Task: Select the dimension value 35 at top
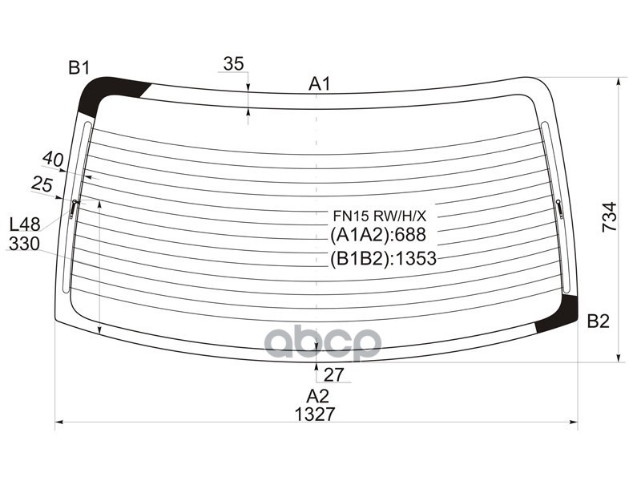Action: point(233,64)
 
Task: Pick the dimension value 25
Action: point(42,184)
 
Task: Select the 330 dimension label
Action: point(24,244)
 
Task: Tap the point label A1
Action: point(320,83)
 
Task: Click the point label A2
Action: point(317,394)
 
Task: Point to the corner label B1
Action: point(79,68)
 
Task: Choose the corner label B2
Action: point(598,322)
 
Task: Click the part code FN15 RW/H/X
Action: point(380,216)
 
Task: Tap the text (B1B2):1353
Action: point(382,258)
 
